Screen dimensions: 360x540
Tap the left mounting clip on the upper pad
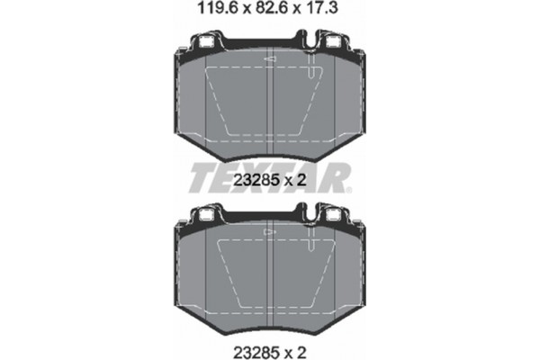pos(205,41)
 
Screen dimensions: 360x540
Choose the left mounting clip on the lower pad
pos(205,216)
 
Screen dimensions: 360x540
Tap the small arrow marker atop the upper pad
pos(268,59)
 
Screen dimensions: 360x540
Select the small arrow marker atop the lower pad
pos(268,232)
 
